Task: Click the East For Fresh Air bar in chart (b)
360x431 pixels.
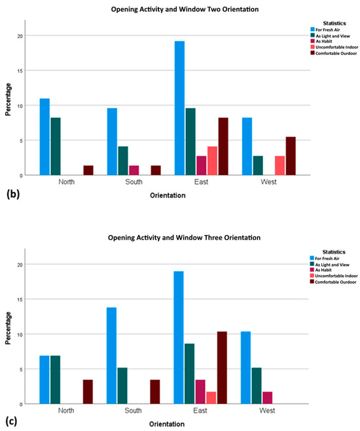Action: (179, 108)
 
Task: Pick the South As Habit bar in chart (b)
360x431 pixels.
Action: (134, 170)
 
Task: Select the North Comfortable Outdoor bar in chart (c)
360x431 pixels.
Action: (88, 392)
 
